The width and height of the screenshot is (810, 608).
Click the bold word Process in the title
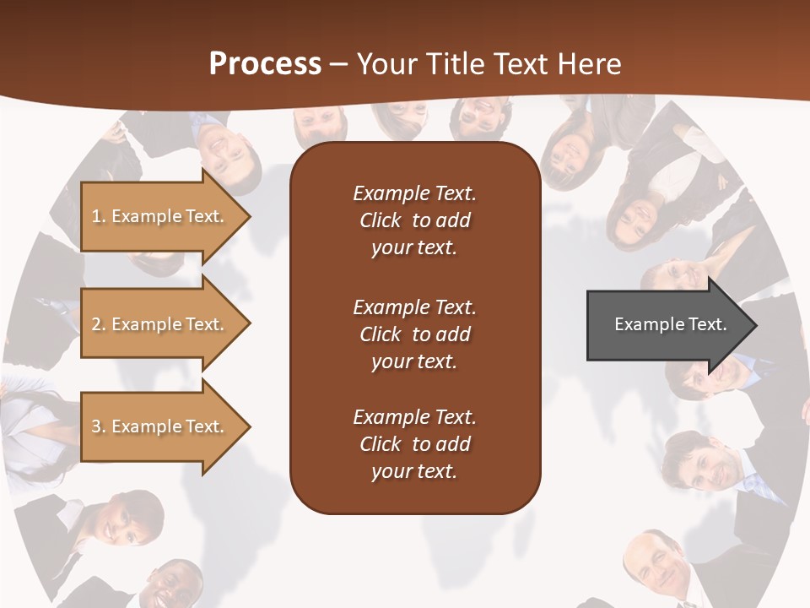pos(265,64)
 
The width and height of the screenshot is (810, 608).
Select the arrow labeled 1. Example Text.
pos(160,216)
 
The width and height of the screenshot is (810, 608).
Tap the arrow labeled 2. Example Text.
pos(160,324)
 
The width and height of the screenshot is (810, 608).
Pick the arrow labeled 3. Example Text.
pos(160,426)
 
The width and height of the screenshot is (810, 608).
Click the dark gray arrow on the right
pos(667,325)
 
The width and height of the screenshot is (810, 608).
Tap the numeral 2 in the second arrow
pos(96,324)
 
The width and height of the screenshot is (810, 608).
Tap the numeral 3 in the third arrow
pos(96,426)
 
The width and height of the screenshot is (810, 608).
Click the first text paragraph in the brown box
pos(414,220)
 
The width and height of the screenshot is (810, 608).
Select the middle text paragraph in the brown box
pos(414,334)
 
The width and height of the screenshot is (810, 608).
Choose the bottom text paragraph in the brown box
pos(414,444)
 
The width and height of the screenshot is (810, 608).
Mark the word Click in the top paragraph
pos(380,220)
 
